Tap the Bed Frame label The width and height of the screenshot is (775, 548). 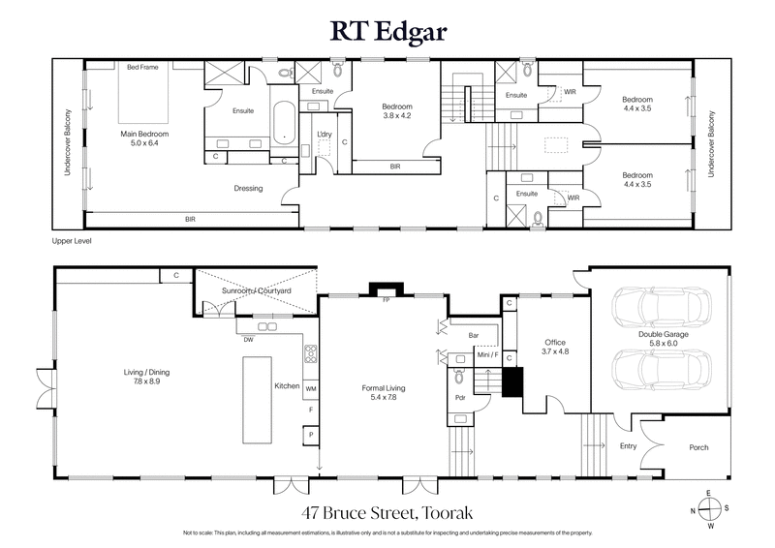[x=143, y=67]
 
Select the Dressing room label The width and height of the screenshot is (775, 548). [x=250, y=189]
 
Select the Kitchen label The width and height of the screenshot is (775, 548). [x=287, y=386]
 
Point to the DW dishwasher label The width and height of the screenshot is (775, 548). [x=249, y=340]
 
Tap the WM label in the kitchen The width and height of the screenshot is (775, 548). [x=311, y=387]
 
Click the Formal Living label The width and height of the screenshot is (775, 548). [x=384, y=392]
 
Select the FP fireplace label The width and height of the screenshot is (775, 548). [x=386, y=300]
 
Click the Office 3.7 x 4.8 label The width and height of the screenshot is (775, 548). [x=554, y=347]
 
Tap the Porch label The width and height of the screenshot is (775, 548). [x=697, y=447]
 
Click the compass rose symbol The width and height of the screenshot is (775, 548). [x=709, y=511]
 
